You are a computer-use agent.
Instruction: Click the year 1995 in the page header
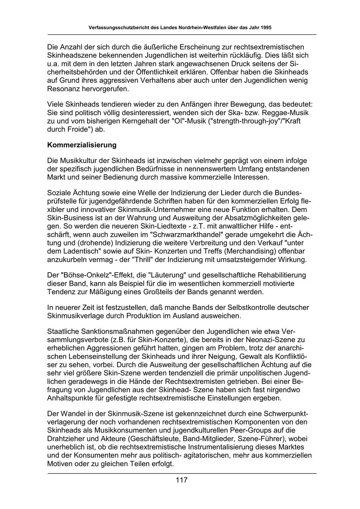tap(267, 28)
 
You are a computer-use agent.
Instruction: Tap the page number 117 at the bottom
tap(182, 480)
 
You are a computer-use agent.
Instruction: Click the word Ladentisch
tap(86, 251)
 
